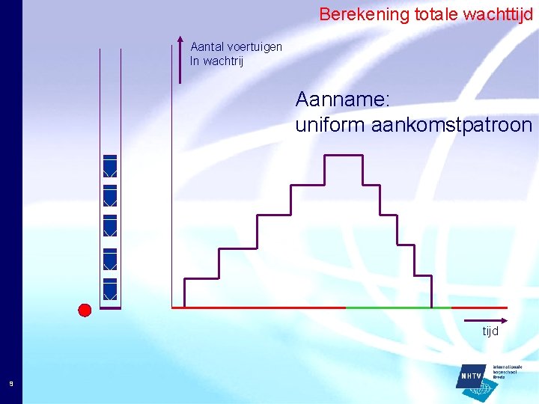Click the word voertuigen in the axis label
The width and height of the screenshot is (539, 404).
[x=255, y=47]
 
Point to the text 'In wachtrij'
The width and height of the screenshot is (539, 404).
[x=216, y=61]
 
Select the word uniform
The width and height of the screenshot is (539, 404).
[x=330, y=125]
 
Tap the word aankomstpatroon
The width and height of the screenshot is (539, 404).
[x=452, y=125]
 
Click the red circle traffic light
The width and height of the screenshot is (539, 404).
[x=85, y=310]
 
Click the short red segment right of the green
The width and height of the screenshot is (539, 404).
[x=479, y=307]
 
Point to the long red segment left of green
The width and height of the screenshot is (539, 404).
[x=258, y=307]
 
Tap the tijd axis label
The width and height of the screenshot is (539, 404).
[x=490, y=331]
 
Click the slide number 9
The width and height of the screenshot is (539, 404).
[x=10, y=384]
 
